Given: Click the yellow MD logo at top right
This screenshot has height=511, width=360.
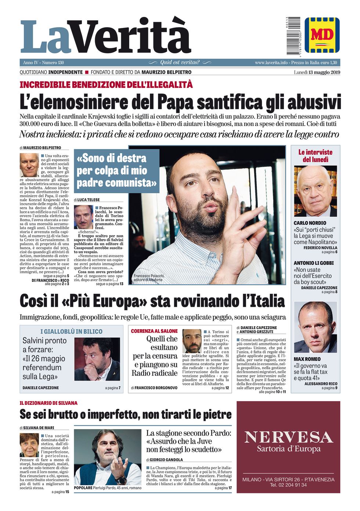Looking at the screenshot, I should coord(322,35).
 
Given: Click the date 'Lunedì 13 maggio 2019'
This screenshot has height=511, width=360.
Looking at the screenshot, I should coord(317,72).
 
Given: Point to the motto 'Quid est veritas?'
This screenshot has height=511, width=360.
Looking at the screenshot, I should coord(180,62).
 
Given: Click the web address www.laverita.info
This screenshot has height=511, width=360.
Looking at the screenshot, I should coord(271,62).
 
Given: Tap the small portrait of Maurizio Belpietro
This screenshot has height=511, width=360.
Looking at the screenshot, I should coord(29,165).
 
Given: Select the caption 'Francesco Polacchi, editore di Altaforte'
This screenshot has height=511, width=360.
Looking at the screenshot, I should coord(149,278).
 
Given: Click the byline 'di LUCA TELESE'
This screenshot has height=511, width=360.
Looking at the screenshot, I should coord(87,200).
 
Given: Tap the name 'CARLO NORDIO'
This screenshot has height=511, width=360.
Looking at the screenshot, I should coord(310,223).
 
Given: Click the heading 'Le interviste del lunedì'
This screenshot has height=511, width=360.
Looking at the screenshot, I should coord(315,156).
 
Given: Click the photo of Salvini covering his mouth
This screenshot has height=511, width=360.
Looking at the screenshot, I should coord(97,359).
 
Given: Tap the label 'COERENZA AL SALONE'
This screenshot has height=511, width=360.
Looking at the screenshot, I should coord(154,331).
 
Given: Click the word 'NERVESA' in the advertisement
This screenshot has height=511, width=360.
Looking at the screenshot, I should coord(288,437).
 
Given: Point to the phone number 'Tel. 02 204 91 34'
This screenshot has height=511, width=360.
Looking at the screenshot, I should coord(288,485).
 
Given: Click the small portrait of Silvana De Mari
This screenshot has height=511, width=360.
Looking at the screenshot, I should coord(29,445).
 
